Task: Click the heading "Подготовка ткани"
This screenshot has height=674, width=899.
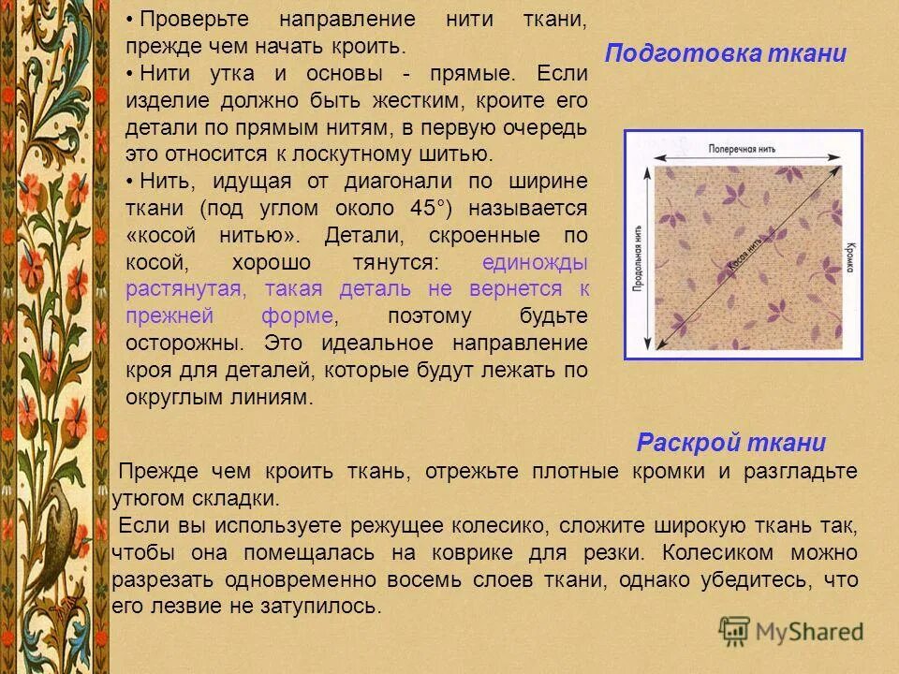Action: (x=725, y=53)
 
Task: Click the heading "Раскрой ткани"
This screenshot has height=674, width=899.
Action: (x=730, y=443)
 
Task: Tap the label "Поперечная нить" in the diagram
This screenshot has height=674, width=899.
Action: (x=741, y=148)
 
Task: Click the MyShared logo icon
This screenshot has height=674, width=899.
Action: (x=734, y=631)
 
